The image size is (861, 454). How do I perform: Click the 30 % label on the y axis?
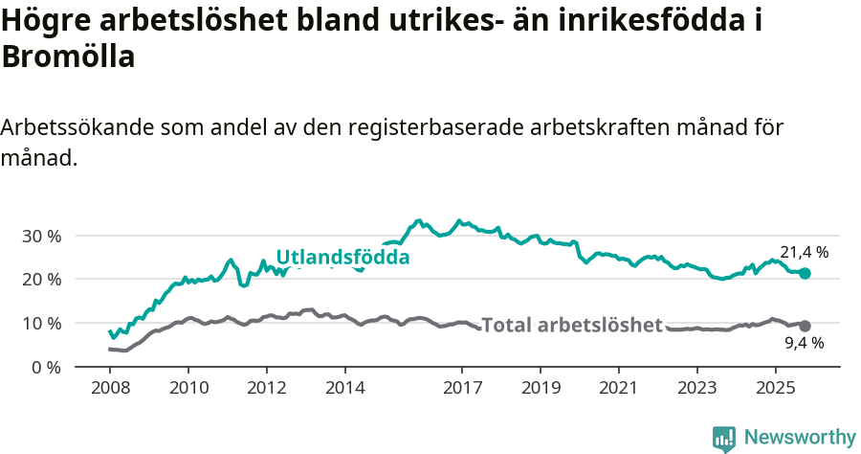(41, 236)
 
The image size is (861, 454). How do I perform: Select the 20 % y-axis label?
(41, 280)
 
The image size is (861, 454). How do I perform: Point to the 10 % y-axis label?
(41, 323)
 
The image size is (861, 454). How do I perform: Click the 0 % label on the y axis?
(46, 367)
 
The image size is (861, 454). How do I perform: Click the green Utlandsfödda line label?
(342, 258)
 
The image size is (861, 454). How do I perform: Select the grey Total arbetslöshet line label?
(571, 325)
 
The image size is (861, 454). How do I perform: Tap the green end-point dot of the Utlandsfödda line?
(805, 274)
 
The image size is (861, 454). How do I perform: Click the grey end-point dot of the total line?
(805, 326)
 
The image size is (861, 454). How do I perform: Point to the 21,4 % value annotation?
(804, 253)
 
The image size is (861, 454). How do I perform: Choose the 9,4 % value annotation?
(804, 343)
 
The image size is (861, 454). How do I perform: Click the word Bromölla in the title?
(68, 57)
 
